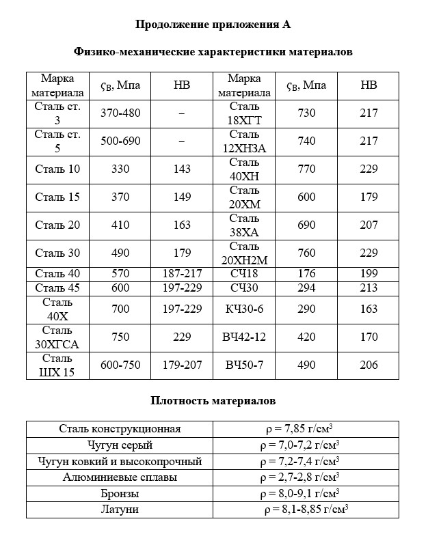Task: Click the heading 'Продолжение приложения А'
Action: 213,25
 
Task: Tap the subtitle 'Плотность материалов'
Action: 213,400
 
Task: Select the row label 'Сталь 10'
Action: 57,169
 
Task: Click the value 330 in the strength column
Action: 120,169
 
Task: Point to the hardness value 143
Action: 182,169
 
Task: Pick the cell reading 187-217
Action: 182,274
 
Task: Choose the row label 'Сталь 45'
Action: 57,288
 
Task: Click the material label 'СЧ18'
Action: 244,274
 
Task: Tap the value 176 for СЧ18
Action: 307,274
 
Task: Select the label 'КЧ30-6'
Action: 244,309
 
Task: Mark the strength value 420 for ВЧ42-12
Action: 307,337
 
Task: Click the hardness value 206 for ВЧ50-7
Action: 369,365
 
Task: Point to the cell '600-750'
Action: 120,365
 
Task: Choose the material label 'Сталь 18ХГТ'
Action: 244,113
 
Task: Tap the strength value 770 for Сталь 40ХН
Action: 307,169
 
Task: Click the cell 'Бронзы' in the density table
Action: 120,493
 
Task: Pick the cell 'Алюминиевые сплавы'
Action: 120,477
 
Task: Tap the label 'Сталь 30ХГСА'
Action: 57,337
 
